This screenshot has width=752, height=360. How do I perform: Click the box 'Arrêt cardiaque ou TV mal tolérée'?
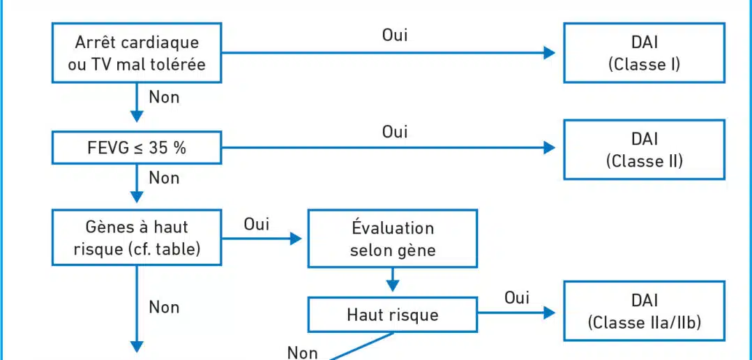click(x=137, y=53)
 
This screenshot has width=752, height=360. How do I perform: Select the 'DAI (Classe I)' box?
click(x=644, y=53)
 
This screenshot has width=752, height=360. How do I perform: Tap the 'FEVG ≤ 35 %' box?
click(x=137, y=148)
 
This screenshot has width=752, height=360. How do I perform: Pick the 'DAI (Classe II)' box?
click(x=644, y=149)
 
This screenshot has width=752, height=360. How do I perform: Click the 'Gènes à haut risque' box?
click(x=137, y=237)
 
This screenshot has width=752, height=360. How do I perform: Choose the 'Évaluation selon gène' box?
click(x=392, y=238)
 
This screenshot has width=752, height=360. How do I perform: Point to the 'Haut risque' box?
click(x=392, y=315)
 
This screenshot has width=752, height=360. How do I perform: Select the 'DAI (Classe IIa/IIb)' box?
click(x=644, y=310)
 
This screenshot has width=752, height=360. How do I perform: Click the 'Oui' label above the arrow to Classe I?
click(x=395, y=35)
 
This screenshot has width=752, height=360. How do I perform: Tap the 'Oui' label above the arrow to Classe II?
click(x=395, y=131)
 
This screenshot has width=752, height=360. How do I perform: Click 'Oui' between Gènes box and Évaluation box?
click(x=257, y=224)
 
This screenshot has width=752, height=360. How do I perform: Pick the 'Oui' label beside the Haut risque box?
click(x=516, y=298)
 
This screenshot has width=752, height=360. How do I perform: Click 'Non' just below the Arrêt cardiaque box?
click(x=164, y=97)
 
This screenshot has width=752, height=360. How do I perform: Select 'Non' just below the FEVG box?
click(x=164, y=179)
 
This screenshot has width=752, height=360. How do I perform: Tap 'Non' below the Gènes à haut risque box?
click(x=164, y=307)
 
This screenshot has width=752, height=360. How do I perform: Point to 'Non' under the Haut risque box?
click(x=302, y=353)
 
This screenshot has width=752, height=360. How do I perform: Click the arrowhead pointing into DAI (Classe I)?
click(x=550, y=53)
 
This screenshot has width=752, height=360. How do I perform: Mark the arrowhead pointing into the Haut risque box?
click(x=393, y=286)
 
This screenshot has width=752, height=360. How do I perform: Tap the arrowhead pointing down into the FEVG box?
click(x=137, y=117)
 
